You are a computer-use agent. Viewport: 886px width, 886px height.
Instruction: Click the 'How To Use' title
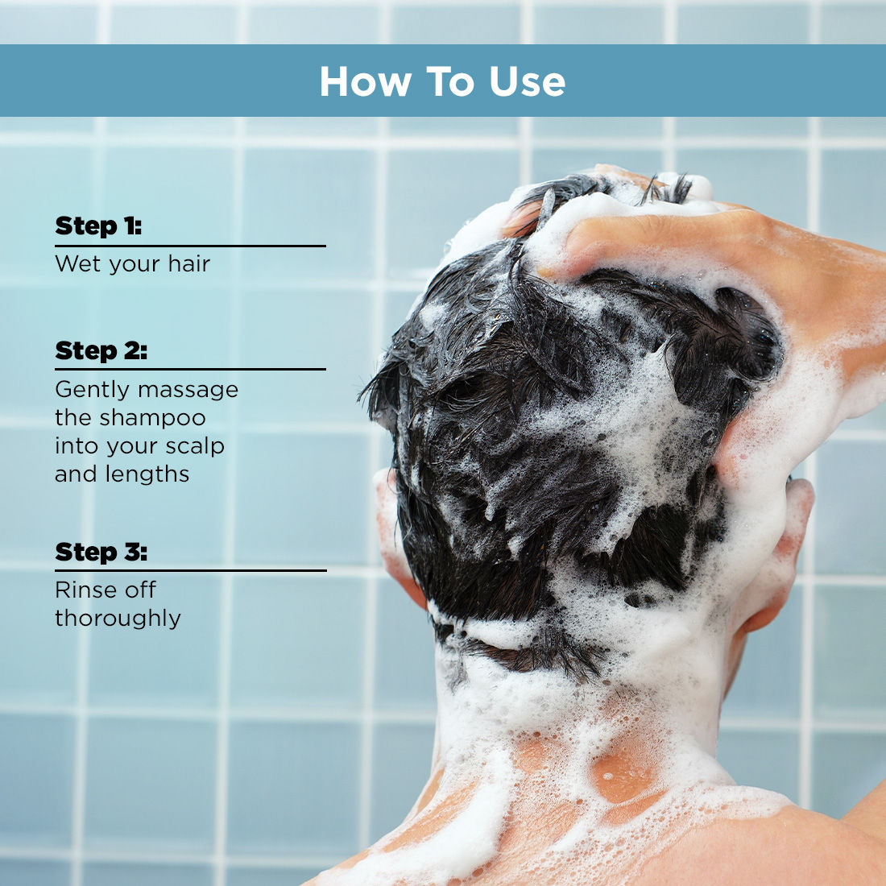click(x=442, y=81)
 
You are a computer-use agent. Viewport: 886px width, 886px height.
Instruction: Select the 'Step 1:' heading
click(x=98, y=226)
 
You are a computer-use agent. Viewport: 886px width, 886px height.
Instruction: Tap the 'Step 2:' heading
click(x=101, y=351)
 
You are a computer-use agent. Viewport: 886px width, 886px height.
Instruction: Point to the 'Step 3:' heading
click(x=101, y=553)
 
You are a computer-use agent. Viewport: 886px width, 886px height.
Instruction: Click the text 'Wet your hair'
click(x=133, y=264)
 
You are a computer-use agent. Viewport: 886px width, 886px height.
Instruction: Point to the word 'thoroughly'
click(x=118, y=619)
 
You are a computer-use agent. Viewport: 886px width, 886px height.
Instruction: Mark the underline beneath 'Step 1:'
click(x=190, y=246)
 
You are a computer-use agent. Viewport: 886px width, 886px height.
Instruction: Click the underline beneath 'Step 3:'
click(x=190, y=570)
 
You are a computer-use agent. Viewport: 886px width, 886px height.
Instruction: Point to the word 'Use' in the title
click(x=528, y=81)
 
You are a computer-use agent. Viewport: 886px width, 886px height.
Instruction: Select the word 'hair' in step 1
click(x=189, y=264)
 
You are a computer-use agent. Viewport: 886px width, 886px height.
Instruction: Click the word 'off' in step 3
click(x=140, y=590)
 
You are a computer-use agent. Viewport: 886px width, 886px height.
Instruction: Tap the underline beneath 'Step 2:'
click(x=190, y=370)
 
